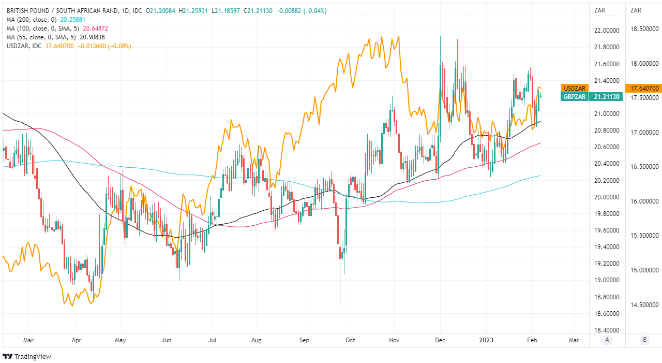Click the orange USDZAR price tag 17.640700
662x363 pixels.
[643, 89]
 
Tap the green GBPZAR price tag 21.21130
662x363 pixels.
[607, 97]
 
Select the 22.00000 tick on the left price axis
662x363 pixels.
[607, 31]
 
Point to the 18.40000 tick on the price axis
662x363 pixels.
[607, 330]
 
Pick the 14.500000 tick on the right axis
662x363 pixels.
[643, 304]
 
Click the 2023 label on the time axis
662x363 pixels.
[486, 340]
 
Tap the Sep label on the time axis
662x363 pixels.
[304, 340]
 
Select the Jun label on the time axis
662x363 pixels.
[167, 340]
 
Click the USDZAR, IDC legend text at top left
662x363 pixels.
[23, 46]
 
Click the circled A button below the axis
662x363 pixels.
[607, 340]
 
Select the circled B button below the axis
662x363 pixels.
[644, 340]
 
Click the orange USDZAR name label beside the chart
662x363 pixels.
[574, 89]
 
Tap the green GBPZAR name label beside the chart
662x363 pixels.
[574, 97]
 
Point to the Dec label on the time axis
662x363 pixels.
[440, 340]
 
